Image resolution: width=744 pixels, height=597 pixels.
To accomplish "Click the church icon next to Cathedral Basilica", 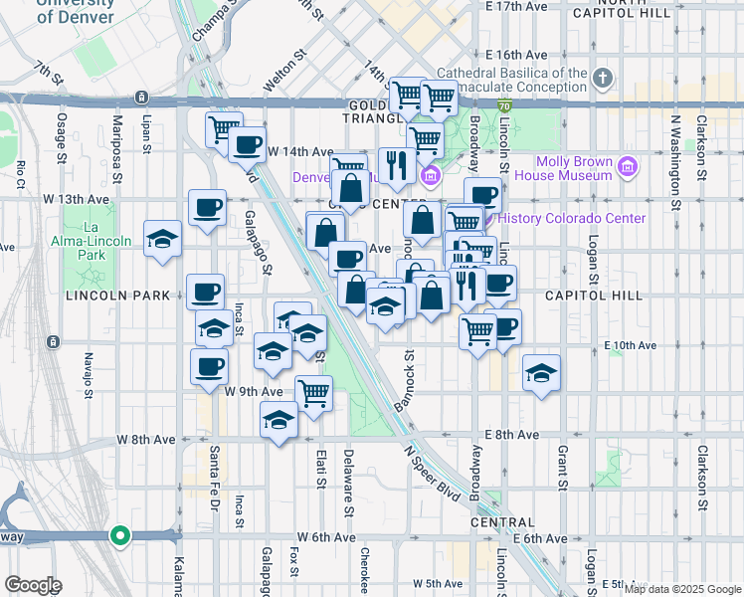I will [603, 78].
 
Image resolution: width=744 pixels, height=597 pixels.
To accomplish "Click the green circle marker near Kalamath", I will [120, 535].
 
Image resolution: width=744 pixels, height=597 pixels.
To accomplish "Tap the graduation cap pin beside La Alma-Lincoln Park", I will [163, 240].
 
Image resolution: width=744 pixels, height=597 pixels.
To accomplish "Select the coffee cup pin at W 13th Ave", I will [208, 209].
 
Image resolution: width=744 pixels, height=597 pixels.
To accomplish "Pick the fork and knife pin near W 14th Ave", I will [397, 164].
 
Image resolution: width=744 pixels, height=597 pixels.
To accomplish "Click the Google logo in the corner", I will [33, 584].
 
